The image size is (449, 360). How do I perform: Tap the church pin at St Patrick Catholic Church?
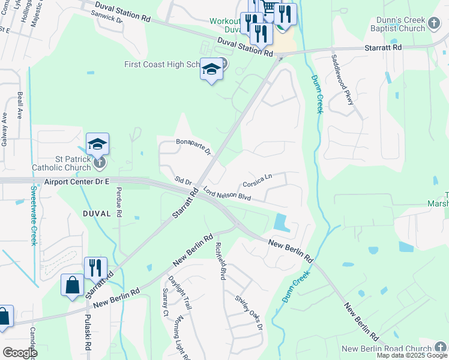(x=100, y=161)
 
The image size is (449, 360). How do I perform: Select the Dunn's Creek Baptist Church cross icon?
(x=435, y=25)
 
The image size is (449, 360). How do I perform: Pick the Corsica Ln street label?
(x=258, y=180)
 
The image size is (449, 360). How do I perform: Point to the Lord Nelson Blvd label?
(x=226, y=195)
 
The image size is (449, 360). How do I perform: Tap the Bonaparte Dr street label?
(x=193, y=146)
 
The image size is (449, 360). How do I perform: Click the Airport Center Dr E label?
(x=77, y=181)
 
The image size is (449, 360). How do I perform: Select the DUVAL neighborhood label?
(x=97, y=213)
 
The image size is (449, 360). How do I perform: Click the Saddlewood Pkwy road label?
(x=342, y=80)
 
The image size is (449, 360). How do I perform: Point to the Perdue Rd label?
(x=118, y=201)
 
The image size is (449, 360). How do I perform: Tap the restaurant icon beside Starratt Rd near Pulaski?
(x=95, y=268)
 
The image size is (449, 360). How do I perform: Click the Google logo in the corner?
(x=20, y=353)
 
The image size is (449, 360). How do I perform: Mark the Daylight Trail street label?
(x=179, y=293)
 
